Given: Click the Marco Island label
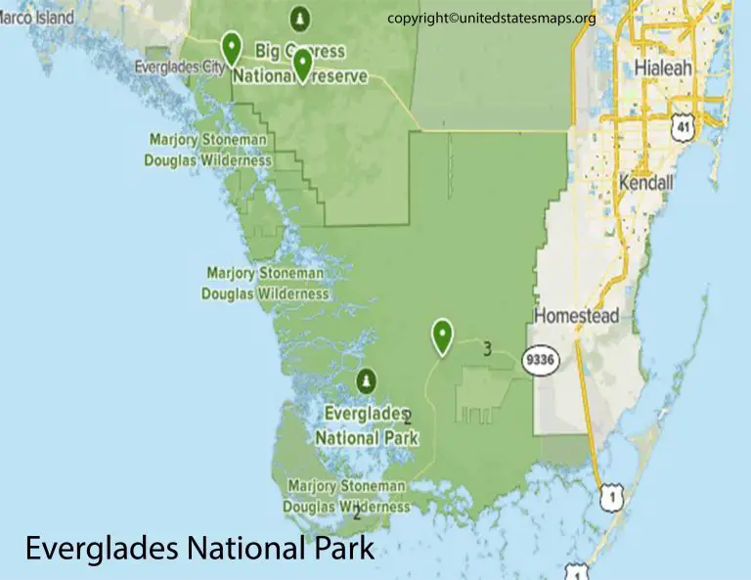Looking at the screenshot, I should (36, 18).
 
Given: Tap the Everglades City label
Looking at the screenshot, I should (180, 67).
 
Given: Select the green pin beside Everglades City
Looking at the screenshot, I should (231, 47).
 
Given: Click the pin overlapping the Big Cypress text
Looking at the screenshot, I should (302, 65).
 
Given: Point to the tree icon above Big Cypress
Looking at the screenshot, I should (299, 19).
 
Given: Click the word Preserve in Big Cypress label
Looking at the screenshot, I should (335, 76).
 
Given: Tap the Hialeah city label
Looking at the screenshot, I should (662, 68).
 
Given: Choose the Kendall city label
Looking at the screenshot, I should (645, 183).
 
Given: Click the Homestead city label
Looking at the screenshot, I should (576, 316).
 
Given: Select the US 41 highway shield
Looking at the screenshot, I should (681, 124).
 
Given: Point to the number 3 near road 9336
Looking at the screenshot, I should (486, 346).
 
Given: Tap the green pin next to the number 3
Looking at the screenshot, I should (443, 336).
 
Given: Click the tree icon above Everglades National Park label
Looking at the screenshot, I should (366, 379).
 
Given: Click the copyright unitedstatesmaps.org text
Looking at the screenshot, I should (491, 18).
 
